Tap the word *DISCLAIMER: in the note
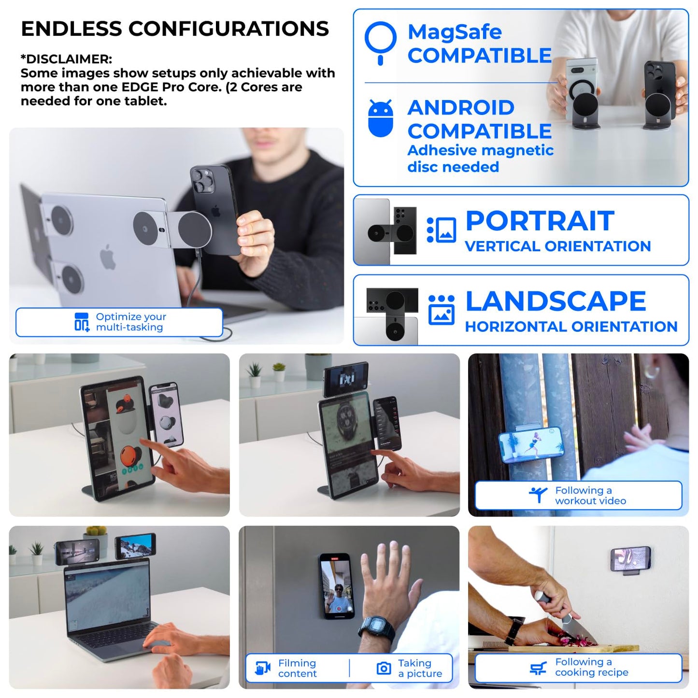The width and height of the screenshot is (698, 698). click(66, 59)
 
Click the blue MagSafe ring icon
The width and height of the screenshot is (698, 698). click(381, 39)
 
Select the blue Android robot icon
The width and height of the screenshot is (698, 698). click(381, 119)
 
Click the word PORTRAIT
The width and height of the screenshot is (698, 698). click(540, 221)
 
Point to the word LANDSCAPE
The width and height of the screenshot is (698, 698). click(555, 301)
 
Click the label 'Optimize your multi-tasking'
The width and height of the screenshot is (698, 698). click(130, 322)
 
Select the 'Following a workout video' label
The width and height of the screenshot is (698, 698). click(590, 496)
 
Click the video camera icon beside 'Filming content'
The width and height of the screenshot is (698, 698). click(262, 669)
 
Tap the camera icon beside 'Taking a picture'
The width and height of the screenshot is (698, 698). click(384, 669)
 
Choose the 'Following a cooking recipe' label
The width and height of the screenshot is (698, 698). click(591, 667)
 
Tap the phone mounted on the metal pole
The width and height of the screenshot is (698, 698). click(531, 444)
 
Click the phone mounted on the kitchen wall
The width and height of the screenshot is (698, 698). click(630, 559)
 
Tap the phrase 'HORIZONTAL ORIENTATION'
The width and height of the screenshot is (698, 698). click(571, 327)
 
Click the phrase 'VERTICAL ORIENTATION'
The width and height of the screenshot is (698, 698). click(557, 246)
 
